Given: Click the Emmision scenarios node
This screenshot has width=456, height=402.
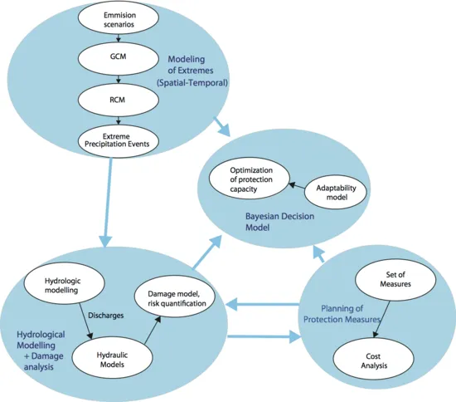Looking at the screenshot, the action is tap(118, 18).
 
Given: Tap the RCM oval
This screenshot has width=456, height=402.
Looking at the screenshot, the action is tap(118, 100).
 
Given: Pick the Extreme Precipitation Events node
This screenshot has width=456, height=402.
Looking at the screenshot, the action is tap(118, 141).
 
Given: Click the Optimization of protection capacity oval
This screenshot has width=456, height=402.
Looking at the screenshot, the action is tap(250, 179).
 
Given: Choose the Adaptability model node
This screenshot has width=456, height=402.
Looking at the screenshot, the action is tap(336, 192).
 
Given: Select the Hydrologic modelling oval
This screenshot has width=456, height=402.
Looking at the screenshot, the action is tap(64, 283).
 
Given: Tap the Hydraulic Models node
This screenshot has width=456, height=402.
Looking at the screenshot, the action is tap(112, 357).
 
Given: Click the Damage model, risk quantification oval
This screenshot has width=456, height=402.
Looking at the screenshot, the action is tap(175, 297).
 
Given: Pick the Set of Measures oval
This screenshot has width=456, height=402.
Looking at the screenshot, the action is tap(395, 280).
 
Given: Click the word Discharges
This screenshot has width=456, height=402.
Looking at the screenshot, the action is tap(106, 316).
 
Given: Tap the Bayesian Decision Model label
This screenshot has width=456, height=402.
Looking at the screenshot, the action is tap(279, 222).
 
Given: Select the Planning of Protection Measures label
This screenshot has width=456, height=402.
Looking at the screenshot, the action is tap(342, 314).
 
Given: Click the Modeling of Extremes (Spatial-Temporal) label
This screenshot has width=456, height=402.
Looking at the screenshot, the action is tap(192, 71).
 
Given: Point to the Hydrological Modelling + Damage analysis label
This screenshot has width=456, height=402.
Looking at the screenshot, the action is tap(41, 351).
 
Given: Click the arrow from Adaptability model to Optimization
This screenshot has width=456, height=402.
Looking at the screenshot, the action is tap(297, 186).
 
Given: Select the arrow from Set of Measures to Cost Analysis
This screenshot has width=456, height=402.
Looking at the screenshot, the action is tap(381, 319).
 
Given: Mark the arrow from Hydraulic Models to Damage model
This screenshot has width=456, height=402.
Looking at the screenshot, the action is tap(153, 330).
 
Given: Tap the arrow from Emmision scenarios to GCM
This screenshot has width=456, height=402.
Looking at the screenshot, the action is tap(118, 38).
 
